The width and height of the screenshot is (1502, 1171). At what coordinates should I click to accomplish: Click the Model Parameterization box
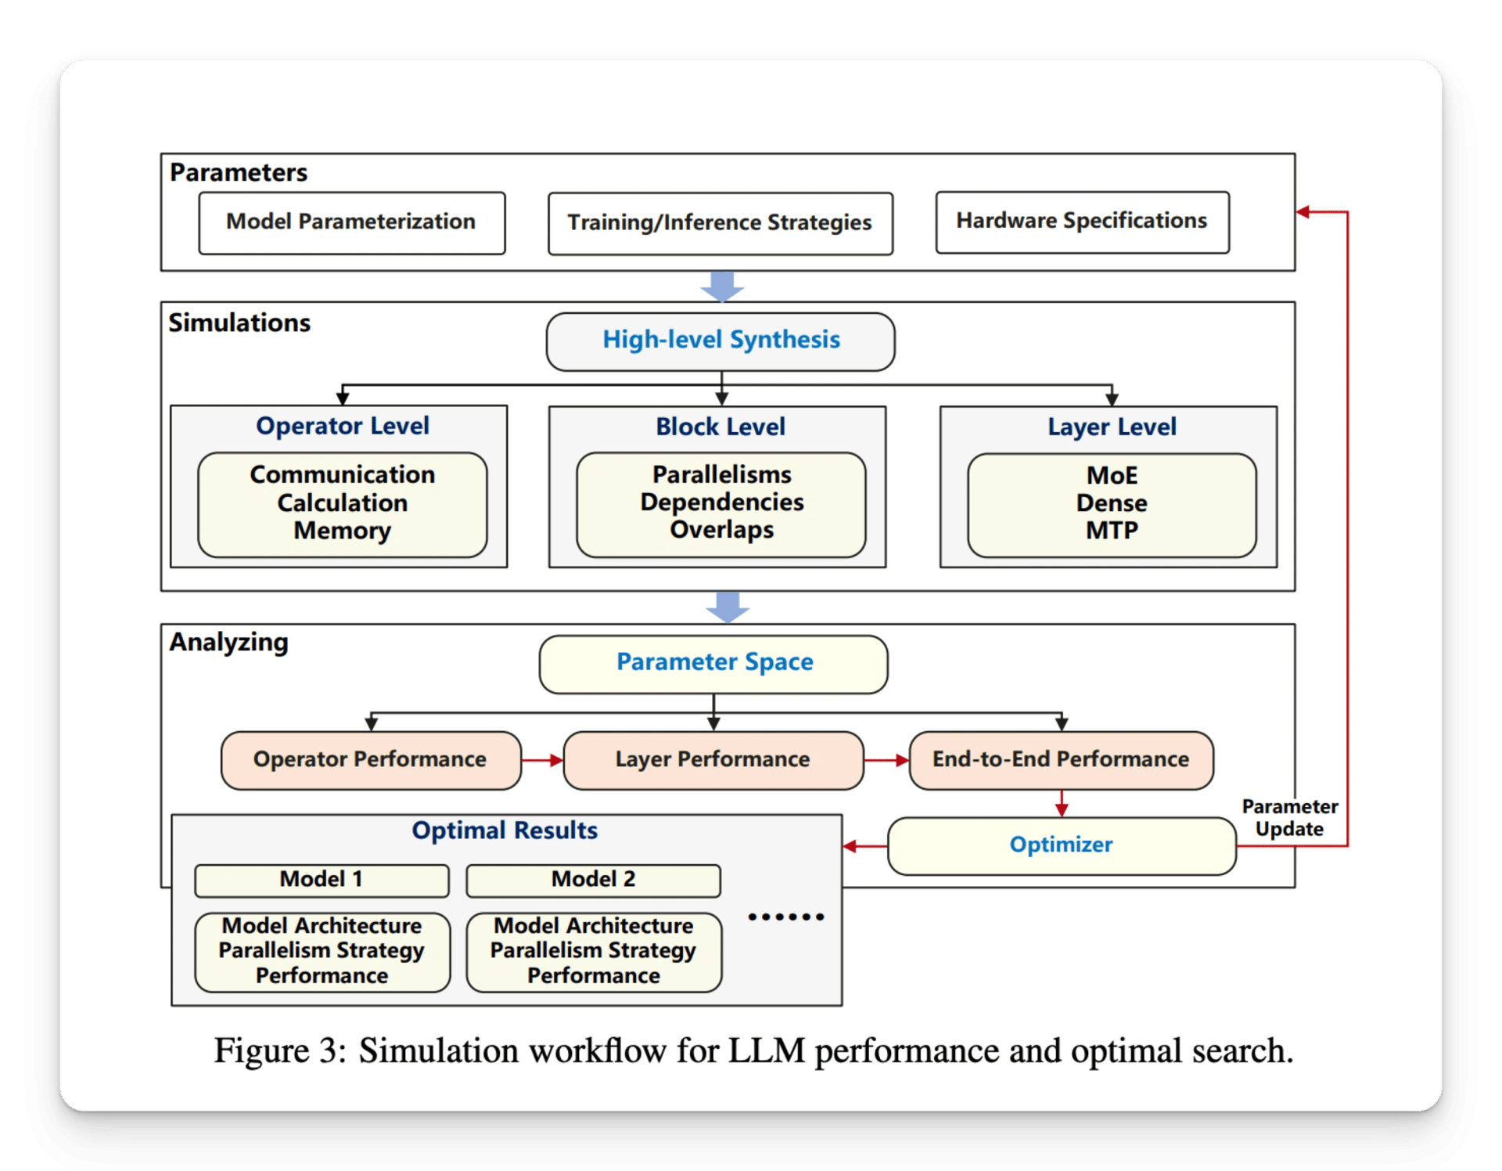[x=352, y=223]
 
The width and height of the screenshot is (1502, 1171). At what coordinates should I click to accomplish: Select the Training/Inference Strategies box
[x=720, y=224]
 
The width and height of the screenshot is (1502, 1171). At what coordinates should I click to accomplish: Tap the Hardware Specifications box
[x=1083, y=222]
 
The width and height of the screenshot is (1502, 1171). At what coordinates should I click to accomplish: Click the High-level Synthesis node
[x=720, y=342]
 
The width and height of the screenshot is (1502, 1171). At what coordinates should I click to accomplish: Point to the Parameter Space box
[x=713, y=665]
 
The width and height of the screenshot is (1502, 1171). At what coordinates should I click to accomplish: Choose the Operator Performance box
[x=371, y=760]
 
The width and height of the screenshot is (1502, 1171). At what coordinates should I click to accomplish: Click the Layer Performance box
[x=713, y=760]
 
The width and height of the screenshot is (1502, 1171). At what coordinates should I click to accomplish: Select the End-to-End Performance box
[x=1062, y=760]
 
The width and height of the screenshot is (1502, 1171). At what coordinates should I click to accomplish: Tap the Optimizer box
[x=1062, y=846]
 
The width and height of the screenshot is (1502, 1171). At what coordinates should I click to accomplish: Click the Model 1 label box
[x=322, y=881]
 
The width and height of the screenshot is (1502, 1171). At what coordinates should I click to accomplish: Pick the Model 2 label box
[x=593, y=881]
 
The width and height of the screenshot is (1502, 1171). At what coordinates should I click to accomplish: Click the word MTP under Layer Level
[x=1112, y=531]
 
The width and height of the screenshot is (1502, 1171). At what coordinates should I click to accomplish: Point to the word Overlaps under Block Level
[x=721, y=530]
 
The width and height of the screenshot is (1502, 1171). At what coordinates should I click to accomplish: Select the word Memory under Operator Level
[x=342, y=531]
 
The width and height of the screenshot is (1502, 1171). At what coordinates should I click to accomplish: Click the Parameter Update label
[x=1290, y=818]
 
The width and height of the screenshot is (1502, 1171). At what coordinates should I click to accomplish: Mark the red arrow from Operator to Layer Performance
[x=542, y=760]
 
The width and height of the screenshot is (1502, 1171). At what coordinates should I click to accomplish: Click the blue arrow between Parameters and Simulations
[x=722, y=286]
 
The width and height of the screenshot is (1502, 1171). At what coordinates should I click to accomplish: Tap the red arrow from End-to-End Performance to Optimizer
[x=1062, y=804]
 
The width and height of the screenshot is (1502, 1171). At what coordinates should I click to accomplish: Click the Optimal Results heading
[x=505, y=831]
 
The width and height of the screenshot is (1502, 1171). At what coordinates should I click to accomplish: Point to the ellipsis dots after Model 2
[x=785, y=917]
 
